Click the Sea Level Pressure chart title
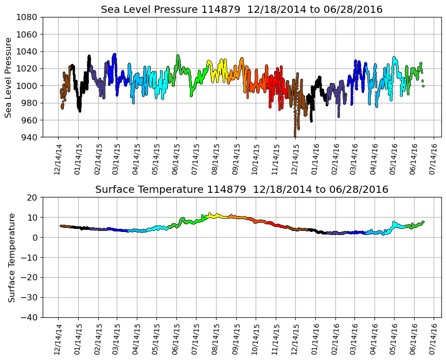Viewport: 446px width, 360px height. (242, 10)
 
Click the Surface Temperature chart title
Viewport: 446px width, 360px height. (242, 190)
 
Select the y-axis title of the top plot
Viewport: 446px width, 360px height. (9, 77)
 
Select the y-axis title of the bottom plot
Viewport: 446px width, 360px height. (11, 257)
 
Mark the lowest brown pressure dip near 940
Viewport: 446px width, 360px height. (295, 135)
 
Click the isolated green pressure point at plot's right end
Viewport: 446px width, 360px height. (423, 86)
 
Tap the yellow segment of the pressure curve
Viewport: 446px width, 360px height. (222, 67)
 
